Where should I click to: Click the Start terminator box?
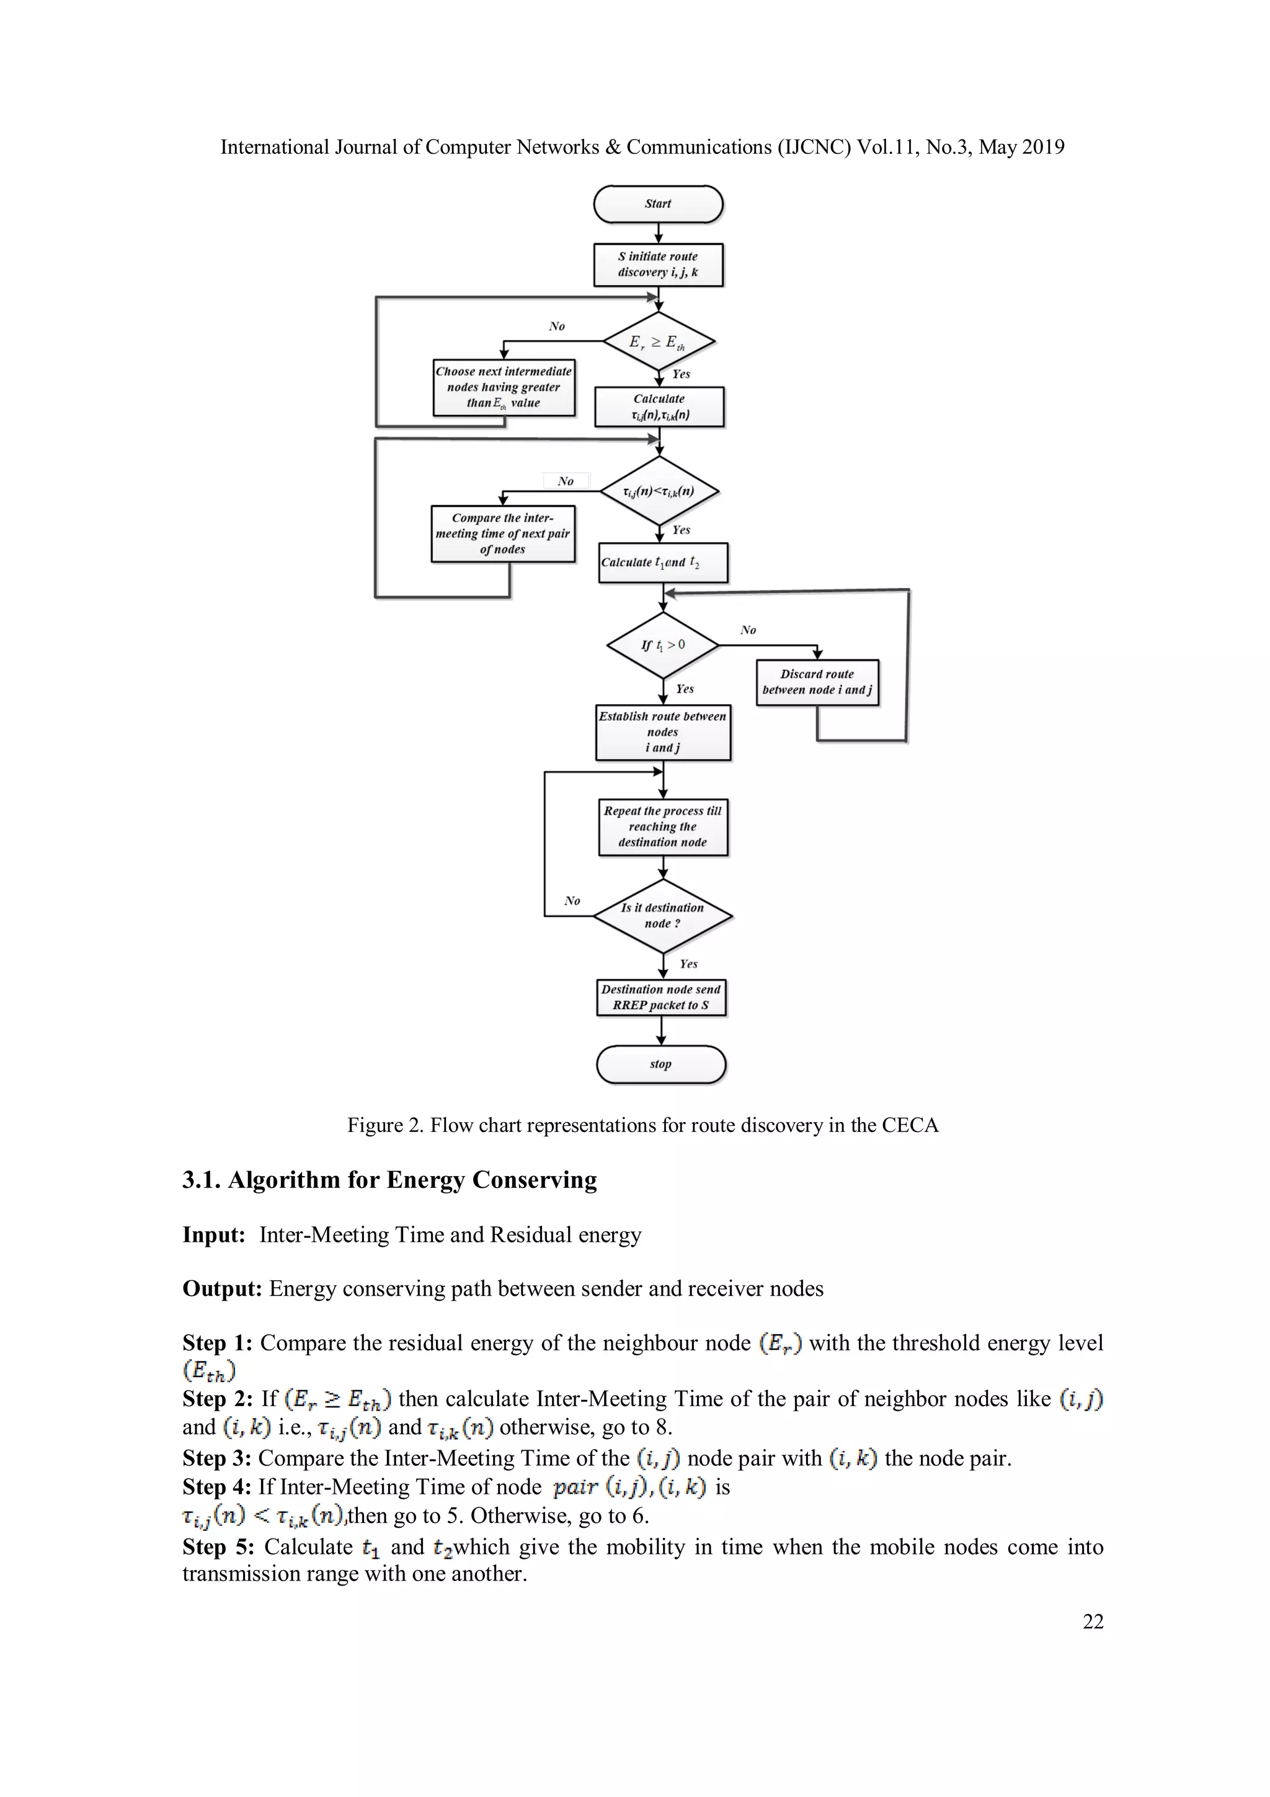pyautogui.click(x=658, y=204)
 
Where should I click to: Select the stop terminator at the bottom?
pyautogui.click(x=661, y=1064)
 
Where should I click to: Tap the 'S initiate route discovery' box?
pyautogui.click(x=658, y=264)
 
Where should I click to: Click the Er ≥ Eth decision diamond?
pyautogui.click(x=659, y=342)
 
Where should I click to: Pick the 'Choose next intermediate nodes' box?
pyautogui.click(x=504, y=388)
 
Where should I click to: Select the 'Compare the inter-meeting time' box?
pyautogui.click(x=503, y=534)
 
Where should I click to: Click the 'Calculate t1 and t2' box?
pyautogui.click(x=663, y=563)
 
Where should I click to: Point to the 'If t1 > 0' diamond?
pyautogui.click(x=663, y=646)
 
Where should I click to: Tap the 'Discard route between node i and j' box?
pyautogui.click(x=817, y=682)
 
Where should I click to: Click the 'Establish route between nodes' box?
pyautogui.click(x=663, y=733)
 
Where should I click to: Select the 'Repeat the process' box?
pyautogui.click(x=663, y=827)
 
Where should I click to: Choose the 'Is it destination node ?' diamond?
pyautogui.click(x=663, y=916)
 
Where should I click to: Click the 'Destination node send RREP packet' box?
pyautogui.click(x=661, y=998)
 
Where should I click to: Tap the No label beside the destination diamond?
pyautogui.click(x=572, y=901)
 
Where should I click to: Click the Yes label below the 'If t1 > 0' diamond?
pyautogui.click(x=685, y=689)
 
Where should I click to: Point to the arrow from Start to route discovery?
pyautogui.click(x=658, y=233)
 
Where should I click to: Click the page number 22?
pyautogui.click(x=1093, y=1621)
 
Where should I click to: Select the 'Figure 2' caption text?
pyautogui.click(x=642, y=1125)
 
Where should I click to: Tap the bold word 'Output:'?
pyautogui.click(x=222, y=1289)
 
